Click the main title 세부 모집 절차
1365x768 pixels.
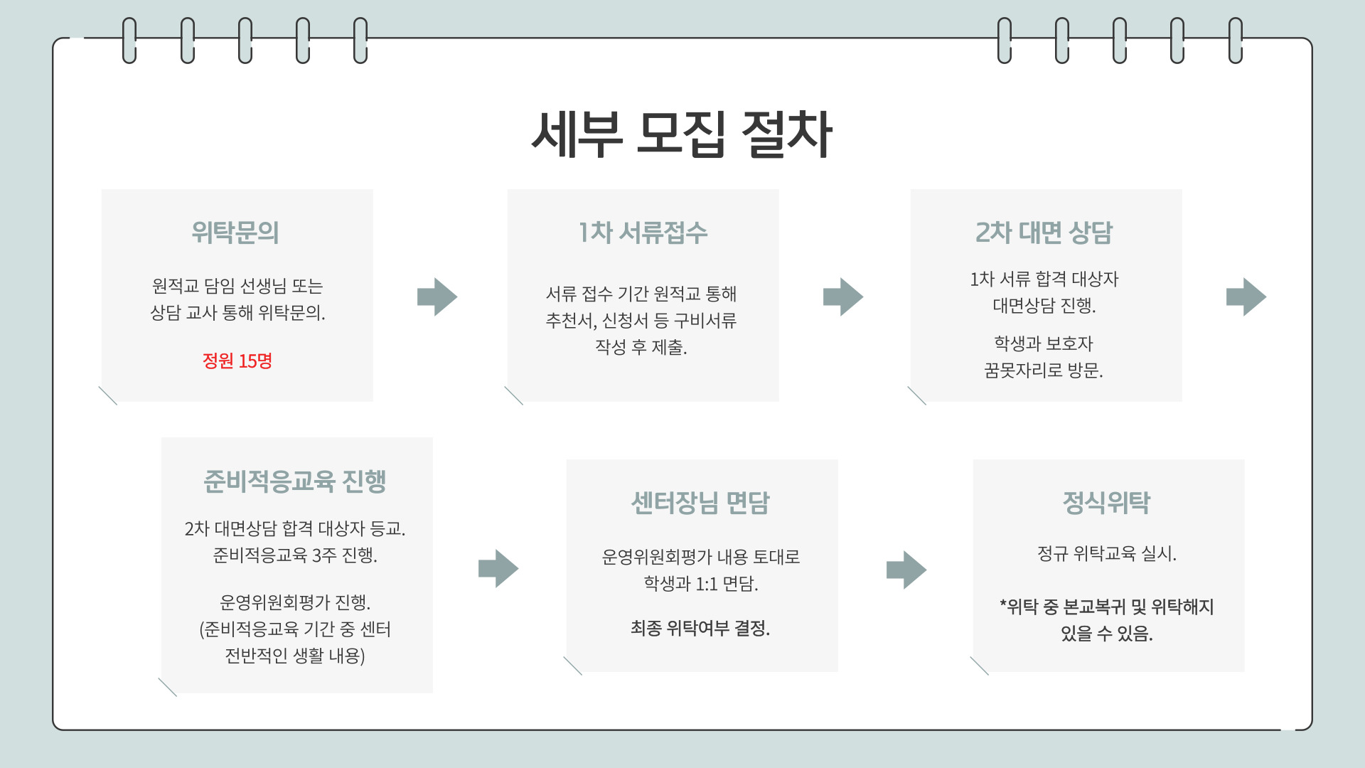tap(681, 134)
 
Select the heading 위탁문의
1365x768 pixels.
tap(235, 233)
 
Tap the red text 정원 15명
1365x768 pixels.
tap(237, 361)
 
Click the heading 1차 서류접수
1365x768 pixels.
tap(643, 233)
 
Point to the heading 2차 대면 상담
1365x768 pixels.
tap(1044, 233)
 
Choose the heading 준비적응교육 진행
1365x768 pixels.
tap(295, 481)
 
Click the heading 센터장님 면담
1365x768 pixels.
tap(700, 503)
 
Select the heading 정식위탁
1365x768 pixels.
tap(1106, 503)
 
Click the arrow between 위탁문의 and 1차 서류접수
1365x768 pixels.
tap(437, 297)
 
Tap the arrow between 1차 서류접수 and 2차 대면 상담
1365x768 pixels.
tap(843, 297)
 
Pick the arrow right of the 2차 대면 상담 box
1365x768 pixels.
tap(1246, 297)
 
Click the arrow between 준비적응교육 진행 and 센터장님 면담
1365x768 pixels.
tap(498, 568)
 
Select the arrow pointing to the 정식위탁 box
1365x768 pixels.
tap(906, 570)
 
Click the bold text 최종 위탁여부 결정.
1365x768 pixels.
tap(700, 628)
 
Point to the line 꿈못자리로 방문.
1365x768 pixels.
tap(1044, 370)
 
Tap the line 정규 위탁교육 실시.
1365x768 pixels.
tap(1107, 553)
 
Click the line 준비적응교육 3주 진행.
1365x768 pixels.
tap(295, 555)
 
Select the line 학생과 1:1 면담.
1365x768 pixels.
tap(701, 584)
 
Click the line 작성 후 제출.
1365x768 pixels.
tap(641, 347)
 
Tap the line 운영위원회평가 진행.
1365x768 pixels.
tap(295, 602)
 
